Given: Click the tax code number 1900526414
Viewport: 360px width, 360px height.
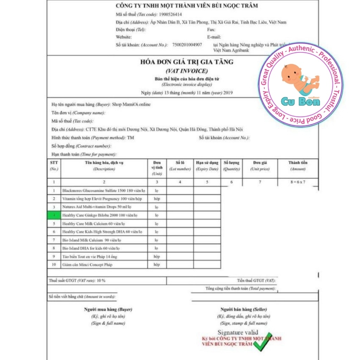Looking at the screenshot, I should (171, 14).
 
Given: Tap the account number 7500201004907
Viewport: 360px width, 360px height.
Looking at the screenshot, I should (187, 45).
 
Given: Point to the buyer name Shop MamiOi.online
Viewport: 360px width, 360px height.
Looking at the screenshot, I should (131, 105).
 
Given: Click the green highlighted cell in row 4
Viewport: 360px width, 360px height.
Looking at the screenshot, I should (54, 215).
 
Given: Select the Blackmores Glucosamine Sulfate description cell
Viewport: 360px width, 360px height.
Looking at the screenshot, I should (104, 191).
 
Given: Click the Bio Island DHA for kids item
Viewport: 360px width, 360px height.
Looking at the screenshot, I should (91, 248).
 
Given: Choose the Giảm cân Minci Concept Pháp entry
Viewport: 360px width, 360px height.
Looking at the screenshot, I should (87, 265).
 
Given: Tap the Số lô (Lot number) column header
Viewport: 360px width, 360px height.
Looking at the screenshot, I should (180, 166).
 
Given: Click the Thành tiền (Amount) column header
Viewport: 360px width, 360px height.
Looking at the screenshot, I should (298, 166).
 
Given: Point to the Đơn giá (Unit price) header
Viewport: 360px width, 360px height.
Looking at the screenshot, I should (260, 166).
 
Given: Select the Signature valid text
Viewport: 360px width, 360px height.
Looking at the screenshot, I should (238, 333).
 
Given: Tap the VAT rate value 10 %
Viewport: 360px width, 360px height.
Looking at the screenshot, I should (101, 281).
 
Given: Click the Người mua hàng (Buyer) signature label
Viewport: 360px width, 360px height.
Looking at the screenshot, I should (108, 309).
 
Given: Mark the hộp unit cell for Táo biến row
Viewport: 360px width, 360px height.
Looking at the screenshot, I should (157, 257).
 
